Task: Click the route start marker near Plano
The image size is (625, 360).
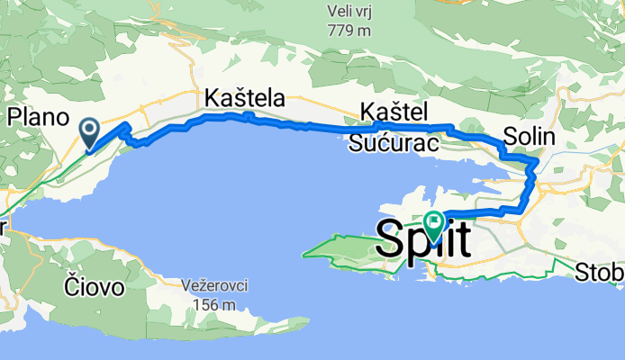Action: tap(90, 134)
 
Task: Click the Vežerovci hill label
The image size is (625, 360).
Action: tap(213, 285)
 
